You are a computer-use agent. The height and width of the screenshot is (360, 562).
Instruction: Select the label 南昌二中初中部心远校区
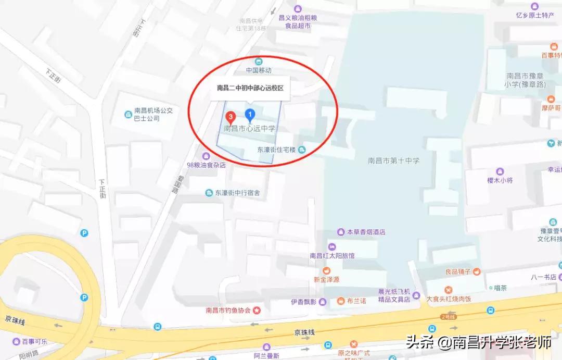pos(250,88)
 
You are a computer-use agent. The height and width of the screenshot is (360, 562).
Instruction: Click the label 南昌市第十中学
pos(393,161)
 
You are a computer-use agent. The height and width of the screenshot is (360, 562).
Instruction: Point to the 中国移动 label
pos(259,70)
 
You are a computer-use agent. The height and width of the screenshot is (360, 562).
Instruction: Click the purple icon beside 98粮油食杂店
pos(206,156)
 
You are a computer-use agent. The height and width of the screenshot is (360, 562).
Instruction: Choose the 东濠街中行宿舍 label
pos(237,193)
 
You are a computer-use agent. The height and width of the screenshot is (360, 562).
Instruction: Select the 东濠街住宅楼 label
pos(276,150)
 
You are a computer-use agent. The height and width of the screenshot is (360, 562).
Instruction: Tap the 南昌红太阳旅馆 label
pos(331,255)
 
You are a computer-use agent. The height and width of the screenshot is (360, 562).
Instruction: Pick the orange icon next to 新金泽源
pos(326,270)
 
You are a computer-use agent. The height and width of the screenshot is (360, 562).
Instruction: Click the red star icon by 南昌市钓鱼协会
pos(257,311)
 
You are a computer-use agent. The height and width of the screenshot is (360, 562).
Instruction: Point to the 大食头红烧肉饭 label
pos(449,299)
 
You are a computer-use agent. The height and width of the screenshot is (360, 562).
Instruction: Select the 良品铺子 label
pos(458,271)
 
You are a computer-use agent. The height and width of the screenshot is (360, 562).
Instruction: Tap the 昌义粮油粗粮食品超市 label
pos(298,21)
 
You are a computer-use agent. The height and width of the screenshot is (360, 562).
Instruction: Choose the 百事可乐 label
pos(34,342)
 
